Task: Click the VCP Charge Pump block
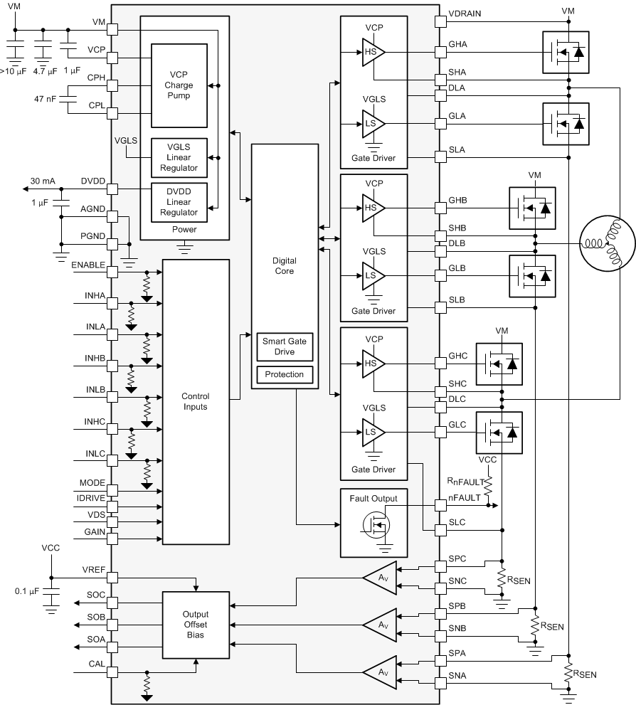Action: [178, 85]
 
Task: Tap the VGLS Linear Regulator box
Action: [178, 157]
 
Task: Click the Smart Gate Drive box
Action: [284, 346]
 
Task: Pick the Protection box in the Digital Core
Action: [284, 374]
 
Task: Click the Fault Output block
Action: [373, 522]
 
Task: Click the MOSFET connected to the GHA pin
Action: [566, 52]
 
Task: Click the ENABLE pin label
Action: [89, 265]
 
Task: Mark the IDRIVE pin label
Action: [91, 497]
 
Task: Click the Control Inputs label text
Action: [195, 402]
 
